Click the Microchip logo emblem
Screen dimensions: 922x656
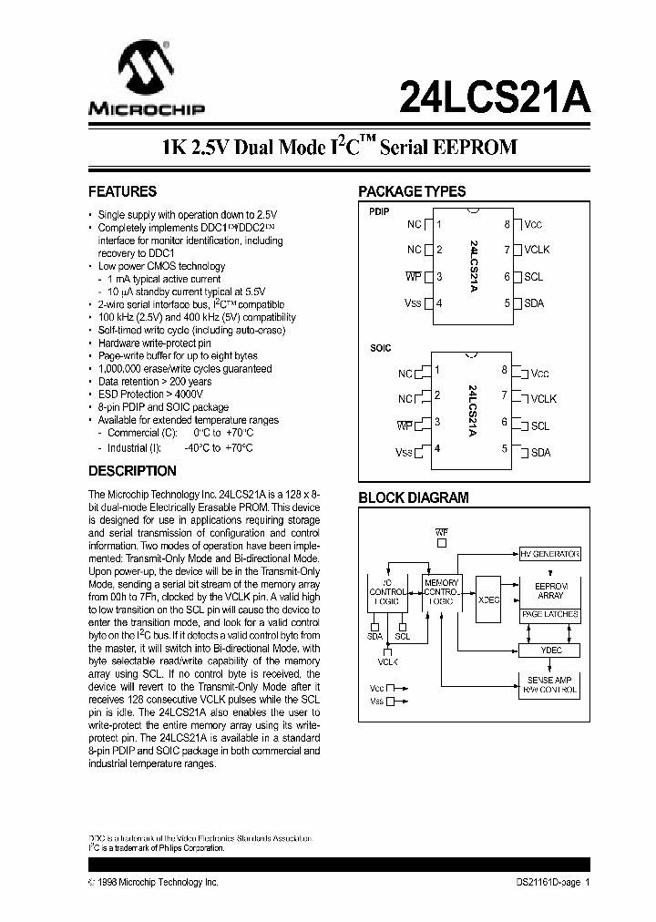(146, 73)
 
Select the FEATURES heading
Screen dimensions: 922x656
(122, 192)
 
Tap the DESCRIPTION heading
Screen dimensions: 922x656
(132, 472)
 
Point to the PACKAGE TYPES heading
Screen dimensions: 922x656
(412, 192)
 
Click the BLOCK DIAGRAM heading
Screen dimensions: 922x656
(413, 498)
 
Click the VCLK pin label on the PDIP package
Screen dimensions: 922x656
(537, 250)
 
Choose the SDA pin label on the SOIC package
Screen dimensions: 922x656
(540, 452)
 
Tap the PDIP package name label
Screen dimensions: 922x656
(379, 211)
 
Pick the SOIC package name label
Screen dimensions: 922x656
(380, 349)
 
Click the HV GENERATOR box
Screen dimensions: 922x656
(549, 554)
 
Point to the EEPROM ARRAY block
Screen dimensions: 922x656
(549, 589)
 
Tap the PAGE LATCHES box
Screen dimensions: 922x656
(549, 615)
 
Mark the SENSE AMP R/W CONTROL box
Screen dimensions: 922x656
(549, 684)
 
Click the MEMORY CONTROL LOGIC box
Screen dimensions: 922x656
(442, 590)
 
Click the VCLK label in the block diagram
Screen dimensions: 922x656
(389, 662)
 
